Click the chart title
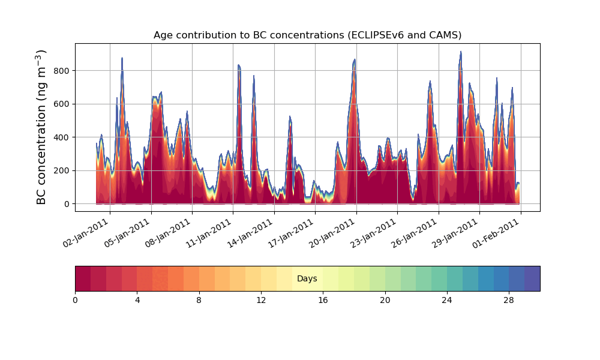click(x=307, y=35)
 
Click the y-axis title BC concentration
click(x=41, y=127)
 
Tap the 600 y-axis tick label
click(x=62, y=104)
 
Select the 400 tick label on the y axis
click(x=62, y=137)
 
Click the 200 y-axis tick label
click(x=62, y=170)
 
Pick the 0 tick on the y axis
click(x=67, y=204)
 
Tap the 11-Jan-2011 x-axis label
click(x=209, y=233)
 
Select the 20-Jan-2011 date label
click(x=332, y=233)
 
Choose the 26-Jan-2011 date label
click(x=414, y=233)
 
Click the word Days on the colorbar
click(x=307, y=278)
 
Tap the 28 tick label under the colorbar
click(x=509, y=301)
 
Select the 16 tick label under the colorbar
click(x=323, y=301)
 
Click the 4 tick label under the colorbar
click(x=137, y=301)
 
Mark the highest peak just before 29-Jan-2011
click(x=461, y=52)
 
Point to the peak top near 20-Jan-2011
click(x=355, y=59)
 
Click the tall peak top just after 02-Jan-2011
click(x=122, y=58)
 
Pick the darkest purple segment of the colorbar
click(x=532, y=278)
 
